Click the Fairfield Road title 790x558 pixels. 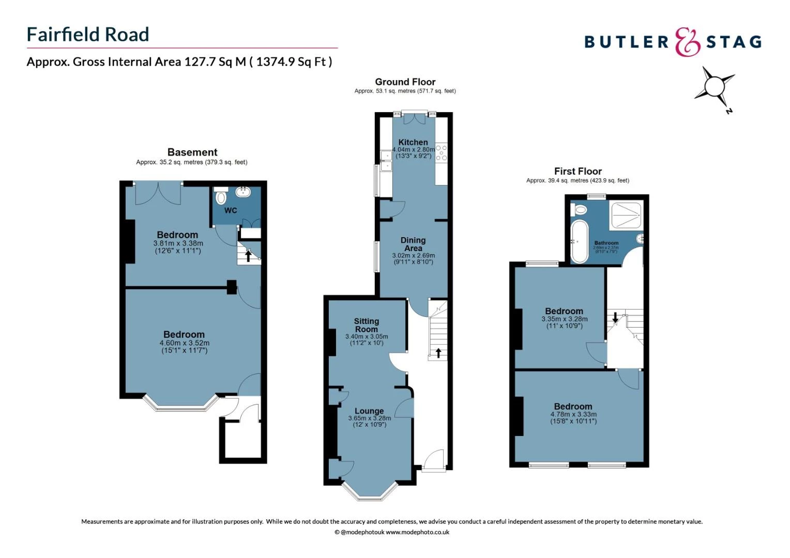[88, 35]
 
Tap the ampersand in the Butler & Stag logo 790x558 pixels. [688, 42]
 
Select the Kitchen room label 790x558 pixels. [413, 142]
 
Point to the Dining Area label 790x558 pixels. [413, 244]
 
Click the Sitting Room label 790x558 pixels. [366, 325]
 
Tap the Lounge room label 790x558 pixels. [369, 411]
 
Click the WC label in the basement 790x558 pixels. [231, 210]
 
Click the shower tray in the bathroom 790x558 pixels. [626, 215]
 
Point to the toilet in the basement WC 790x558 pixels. [221, 197]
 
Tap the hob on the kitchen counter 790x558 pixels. [441, 153]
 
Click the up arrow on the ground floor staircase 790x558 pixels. [438, 353]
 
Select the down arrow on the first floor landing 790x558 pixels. [615, 317]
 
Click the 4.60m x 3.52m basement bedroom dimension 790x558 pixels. [184, 343]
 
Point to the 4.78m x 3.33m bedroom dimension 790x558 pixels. [573, 414]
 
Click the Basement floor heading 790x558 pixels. [192, 152]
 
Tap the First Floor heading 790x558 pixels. [578, 171]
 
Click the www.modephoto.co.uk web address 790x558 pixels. [417, 532]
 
